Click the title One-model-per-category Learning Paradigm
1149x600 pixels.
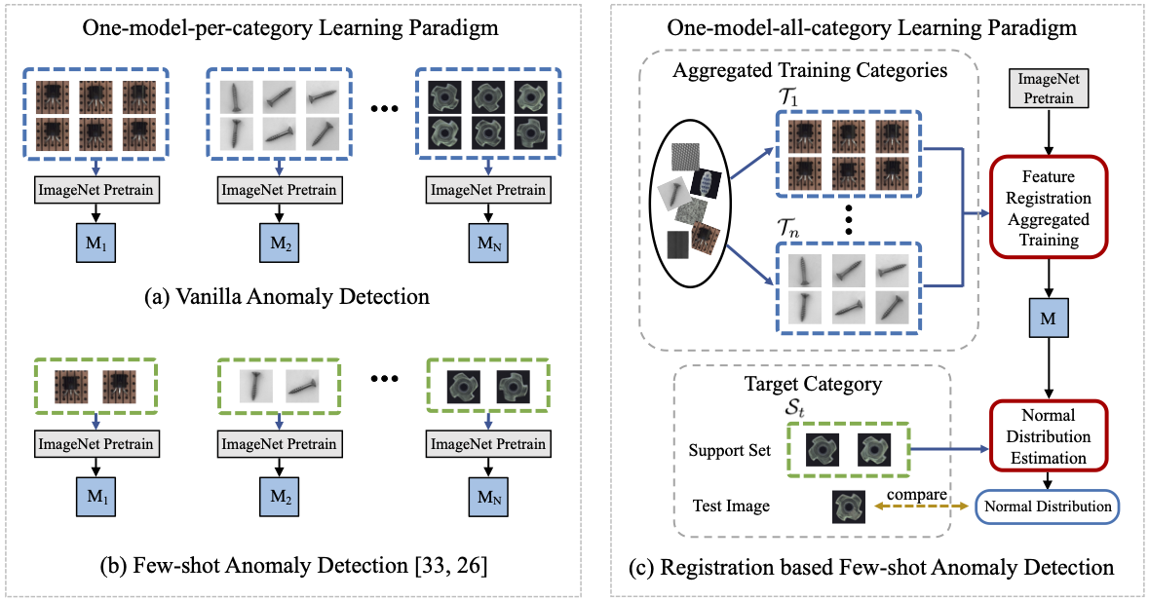[290, 28]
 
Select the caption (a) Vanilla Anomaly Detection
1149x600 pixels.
[290, 293]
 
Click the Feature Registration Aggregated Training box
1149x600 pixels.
[1051, 208]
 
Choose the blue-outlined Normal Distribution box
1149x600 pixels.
[1048, 506]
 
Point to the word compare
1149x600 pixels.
[918, 495]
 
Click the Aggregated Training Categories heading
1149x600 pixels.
[810, 70]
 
